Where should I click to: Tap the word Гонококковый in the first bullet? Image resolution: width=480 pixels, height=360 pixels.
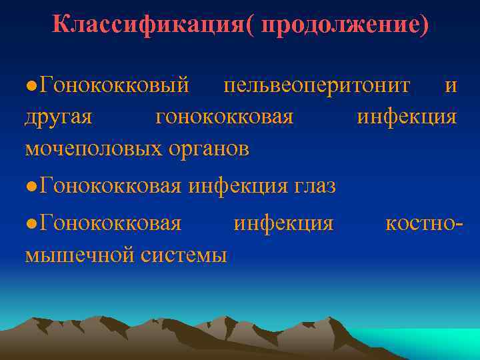pos(114,85)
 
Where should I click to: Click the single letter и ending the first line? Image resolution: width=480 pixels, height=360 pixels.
pos(451,85)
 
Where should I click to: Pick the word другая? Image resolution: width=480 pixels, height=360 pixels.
pos(58,117)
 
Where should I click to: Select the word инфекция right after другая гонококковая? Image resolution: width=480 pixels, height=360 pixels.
pos(407,117)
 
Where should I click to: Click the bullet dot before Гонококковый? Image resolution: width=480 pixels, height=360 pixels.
pos(31,87)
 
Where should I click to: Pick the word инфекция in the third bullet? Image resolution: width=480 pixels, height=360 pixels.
pos(283,223)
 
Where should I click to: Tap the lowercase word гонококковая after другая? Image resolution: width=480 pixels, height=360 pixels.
pos(224,117)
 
